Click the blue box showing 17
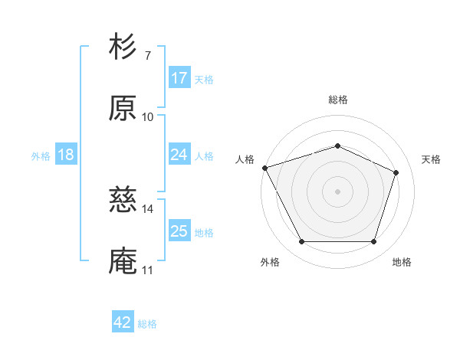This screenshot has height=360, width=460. pyautogui.click(x=179, y=78)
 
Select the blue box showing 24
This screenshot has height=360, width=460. pyautogui.click(x=179, y=155)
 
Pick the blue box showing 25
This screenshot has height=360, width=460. pyautogui.click(x=179, y=231)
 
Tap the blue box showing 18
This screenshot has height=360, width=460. pyautogui.click(x=66, y=155)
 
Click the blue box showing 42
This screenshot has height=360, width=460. pyautogui.click(x=123, y=322)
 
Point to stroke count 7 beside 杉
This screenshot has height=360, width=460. pyautogui.click(x=147, y=56)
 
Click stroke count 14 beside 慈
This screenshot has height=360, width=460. pyautogui.click(x=148, y=208)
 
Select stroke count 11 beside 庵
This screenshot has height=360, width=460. pyautogui.click(x=147, y=270)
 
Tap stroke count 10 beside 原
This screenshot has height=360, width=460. pyautogui.click(x=148, y=116)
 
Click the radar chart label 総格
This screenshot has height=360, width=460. pyautogui.click(x=337, y=100)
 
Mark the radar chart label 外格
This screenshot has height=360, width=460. pyautogui.click(x=270, y=263)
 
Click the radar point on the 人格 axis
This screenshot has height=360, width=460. pyautogui.click(x=264, y=168)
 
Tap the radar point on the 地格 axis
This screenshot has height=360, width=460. pyautogui.click(x=373, y=242)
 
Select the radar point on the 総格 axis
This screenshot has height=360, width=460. pyautogui.click(x=337, y=146)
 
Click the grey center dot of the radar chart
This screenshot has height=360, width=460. pyautogui.click(x=337, y=191)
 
